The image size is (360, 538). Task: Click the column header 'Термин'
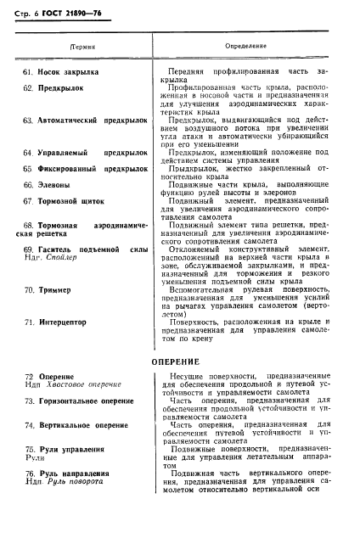82,45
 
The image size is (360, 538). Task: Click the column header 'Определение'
247,44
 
